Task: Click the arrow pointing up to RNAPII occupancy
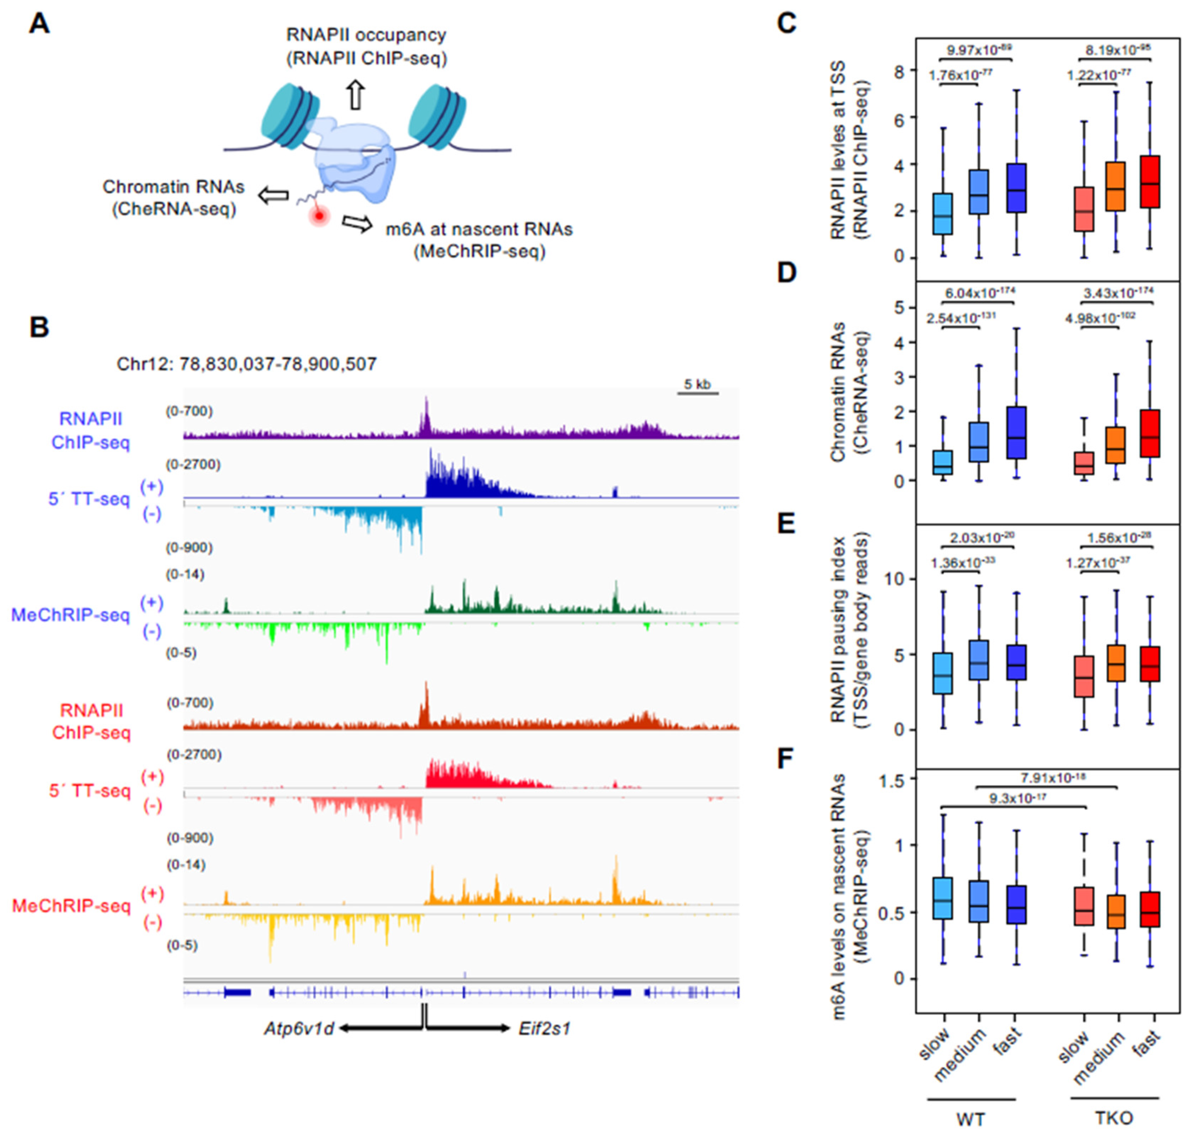tap(356, 95)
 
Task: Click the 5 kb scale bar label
tap(697, 384)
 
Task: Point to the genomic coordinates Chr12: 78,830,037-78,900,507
tap(246, 364)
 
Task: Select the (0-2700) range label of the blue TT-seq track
tap(194, 465)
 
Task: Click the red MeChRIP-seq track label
tap(71, 906)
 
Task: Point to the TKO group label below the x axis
tap(1114, 1118)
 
